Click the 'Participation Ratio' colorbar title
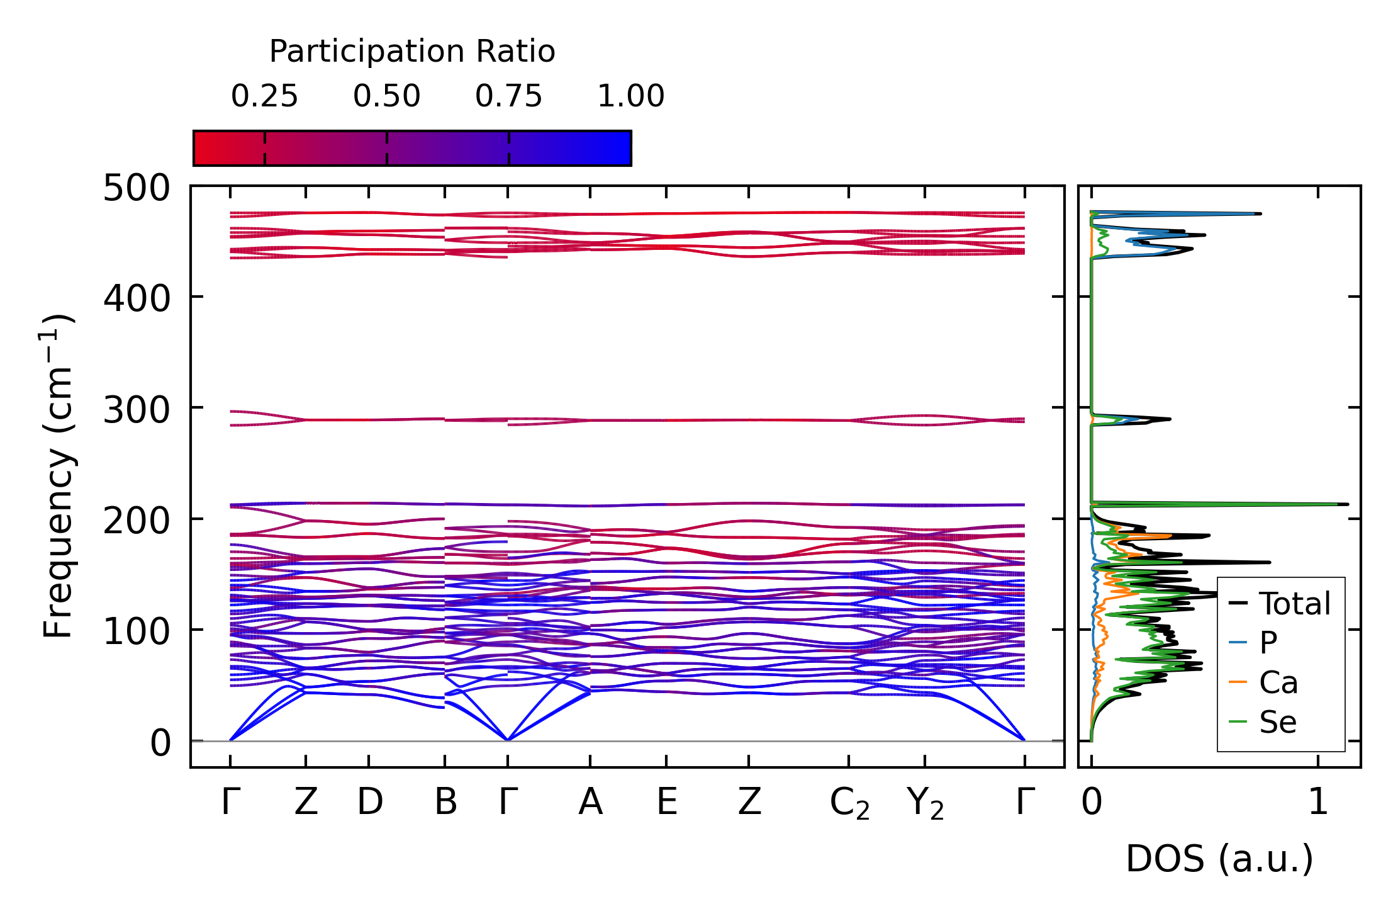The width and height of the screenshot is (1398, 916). coord(412,52)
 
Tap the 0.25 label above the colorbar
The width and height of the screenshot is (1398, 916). coord(264,96)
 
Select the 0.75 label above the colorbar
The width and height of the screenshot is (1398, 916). coord(508,96)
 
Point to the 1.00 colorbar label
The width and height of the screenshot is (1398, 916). coord(630,96)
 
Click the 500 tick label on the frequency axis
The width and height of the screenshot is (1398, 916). coord(137,188)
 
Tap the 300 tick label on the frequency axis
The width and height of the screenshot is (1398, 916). coord(137,410)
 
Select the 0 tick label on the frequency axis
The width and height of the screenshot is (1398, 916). coord(160,744)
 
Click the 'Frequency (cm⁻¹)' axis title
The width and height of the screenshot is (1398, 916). coord(58,476)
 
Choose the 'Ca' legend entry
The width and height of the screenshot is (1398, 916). coord(1278,683)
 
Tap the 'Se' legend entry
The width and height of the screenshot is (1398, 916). coord(1277,722)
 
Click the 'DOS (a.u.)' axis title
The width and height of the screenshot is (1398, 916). coord(1219,859)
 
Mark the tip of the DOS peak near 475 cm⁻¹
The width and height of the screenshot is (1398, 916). coord(1260,214)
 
